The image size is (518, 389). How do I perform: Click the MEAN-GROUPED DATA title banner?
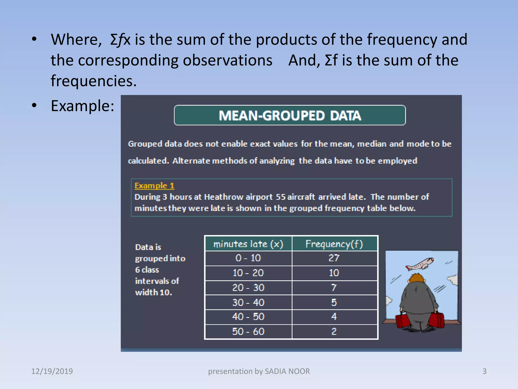coord(290,115)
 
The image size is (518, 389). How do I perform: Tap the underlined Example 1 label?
coord(154,186)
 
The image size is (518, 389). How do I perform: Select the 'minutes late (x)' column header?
coord(248,244)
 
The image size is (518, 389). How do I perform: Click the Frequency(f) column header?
coord(334,244)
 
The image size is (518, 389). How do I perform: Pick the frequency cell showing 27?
coord(334,258)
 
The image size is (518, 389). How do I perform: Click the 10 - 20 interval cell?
coord(248,273)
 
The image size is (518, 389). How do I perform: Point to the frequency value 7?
coord(334,287)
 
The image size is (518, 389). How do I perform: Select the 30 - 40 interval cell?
coord(248,302)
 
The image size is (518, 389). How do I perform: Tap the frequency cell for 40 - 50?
coord(334,317)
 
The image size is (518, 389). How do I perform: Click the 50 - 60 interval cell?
coord(248,331)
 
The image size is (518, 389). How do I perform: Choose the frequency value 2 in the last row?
coord(334,331)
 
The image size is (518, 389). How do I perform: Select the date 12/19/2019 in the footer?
coord(52,371)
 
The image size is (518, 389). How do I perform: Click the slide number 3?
coord(484,371)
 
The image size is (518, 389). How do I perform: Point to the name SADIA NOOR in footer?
coord(287,371)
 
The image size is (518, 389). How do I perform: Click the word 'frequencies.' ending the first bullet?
coord(94,81)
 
